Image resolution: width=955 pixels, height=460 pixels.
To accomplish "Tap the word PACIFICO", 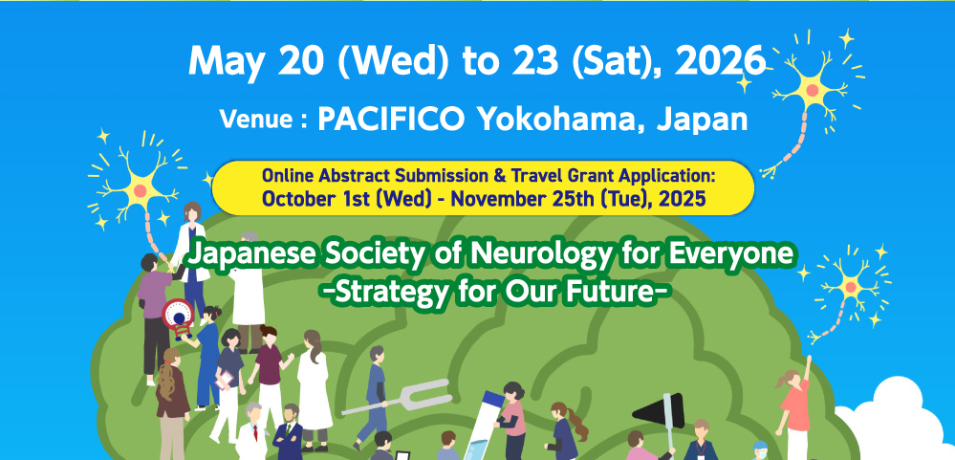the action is [x=390, y=120].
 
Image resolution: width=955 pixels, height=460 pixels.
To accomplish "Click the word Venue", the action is [x=255, y=120].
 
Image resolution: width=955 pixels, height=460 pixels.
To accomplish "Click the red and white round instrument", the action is [x=178, y=315].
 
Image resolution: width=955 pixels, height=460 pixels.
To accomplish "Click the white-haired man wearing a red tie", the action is [x=251, y=431].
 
